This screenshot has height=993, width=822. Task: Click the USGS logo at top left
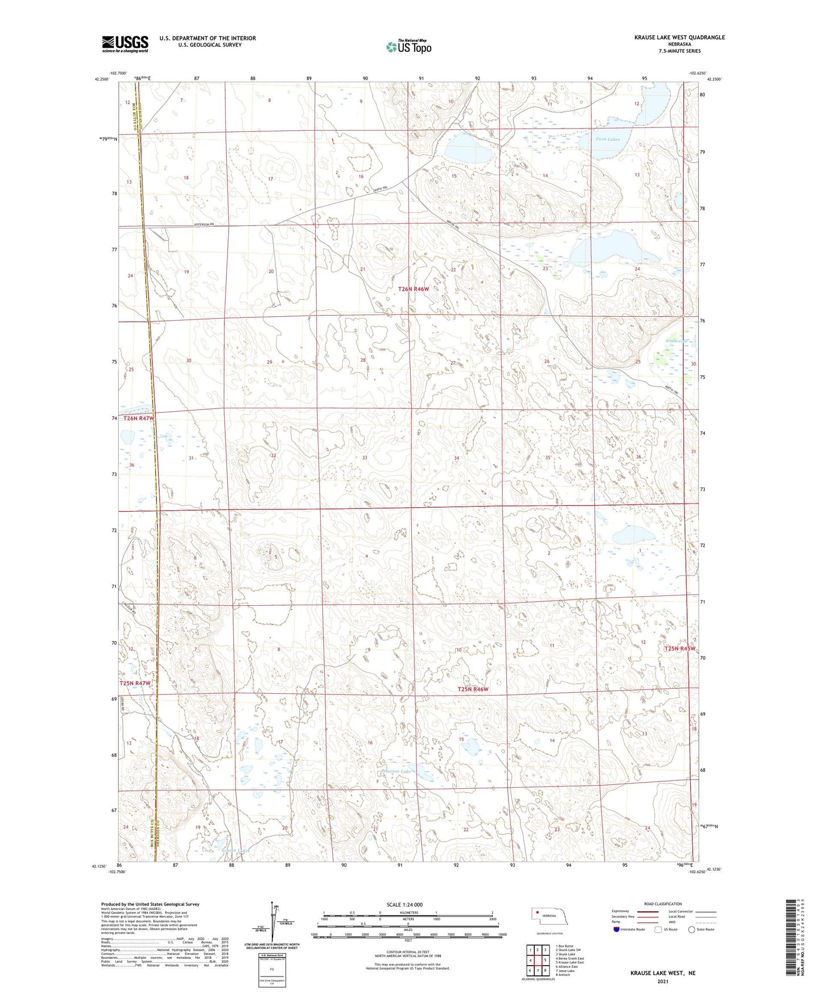coord(125,44)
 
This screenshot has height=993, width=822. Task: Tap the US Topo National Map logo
coord(408,47)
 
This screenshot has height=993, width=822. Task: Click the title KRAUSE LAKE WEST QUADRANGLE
coord(679,38)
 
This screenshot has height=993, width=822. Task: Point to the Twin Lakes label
coord(607,139)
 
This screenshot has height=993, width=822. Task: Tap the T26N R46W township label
coord(414,289)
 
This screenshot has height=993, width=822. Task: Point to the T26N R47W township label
coord(139,419)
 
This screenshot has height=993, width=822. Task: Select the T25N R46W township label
coord(473,689)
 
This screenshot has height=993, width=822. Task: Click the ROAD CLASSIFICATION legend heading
coord(663,904)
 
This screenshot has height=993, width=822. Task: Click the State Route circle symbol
coord(691,929)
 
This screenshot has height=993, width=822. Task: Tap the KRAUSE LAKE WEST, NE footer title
coord(662,973)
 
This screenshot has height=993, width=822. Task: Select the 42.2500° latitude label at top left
coord(100,80)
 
